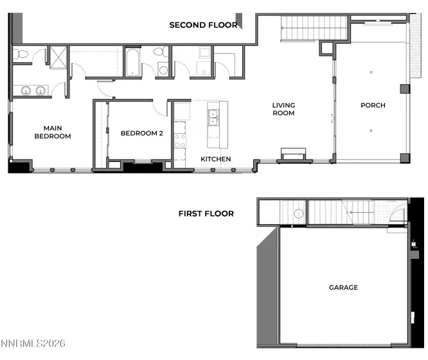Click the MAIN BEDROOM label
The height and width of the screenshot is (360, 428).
[x=52, y=132]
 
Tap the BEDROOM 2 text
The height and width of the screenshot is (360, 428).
[x=139, y=133]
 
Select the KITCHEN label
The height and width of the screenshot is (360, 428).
[x=216, y=159]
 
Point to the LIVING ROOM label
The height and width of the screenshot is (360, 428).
[x=283, y=109]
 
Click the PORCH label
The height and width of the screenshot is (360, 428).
[x=373, y=105]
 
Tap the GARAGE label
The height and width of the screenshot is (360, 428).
[x=343, y=287]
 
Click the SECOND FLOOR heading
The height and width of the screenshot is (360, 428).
[x=203, y=26]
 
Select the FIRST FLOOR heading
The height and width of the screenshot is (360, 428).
[x=206, y=213]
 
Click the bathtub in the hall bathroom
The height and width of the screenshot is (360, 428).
[x=134, y=62]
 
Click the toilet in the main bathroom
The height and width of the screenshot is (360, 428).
[x=20, y=55]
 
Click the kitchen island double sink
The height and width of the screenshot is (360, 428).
[x=212, y=117]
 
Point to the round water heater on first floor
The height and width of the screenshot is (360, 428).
[x=298, y=214]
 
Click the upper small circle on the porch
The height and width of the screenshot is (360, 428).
[x=371, y=73]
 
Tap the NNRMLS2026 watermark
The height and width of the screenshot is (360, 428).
[x=33, y=345]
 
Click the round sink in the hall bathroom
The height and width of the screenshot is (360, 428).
[x=162, y=69]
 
